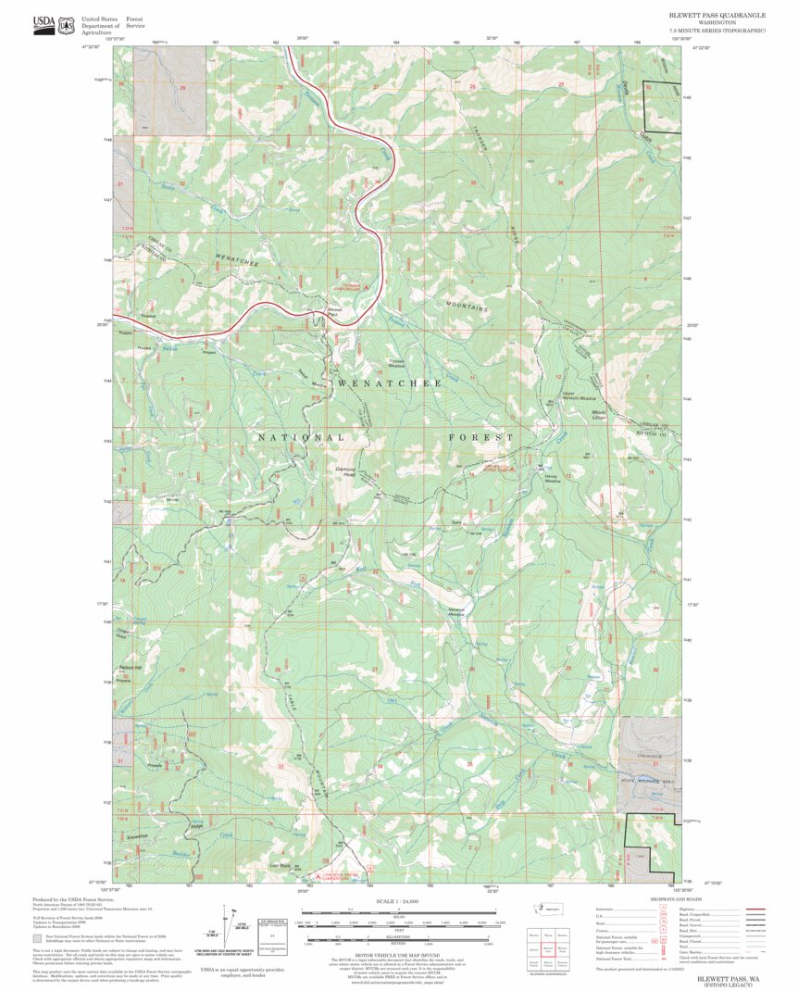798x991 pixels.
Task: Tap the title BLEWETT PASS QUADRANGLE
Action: (x=717, y=16)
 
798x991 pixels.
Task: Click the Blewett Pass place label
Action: (x=335, y=312)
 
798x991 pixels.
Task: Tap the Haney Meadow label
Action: (x=553, y=480)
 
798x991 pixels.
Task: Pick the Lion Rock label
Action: (x=281, y=865)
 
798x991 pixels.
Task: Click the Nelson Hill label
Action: (x=131, y=668)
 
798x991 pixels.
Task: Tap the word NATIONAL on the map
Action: (x=301, y=437)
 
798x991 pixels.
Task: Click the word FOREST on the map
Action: (x=480, y=437)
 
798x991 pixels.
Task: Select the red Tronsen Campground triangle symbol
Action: (x=367, y=288)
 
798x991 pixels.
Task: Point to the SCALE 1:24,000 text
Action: (x=399, y=901)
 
